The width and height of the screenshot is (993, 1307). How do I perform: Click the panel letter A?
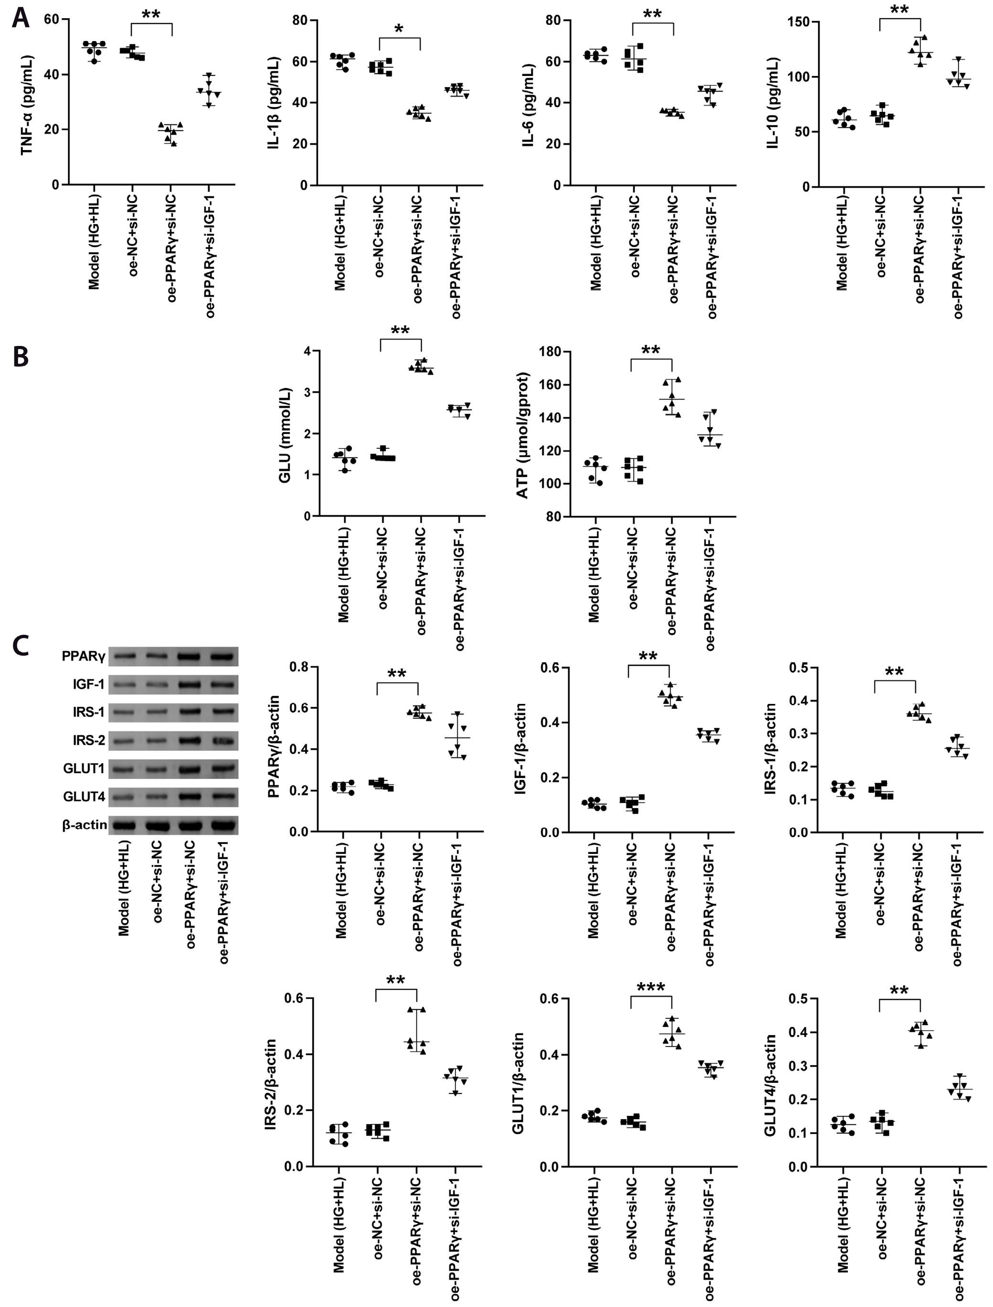[x=20, y=18]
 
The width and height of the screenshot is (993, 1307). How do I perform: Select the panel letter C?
[x=20, y=645]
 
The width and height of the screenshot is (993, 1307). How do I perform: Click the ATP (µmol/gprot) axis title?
[x=523, y=435]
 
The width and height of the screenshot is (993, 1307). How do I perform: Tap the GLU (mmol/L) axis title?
[x=286, y=435]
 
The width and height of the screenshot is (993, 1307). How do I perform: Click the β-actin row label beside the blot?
[x=85, y=825]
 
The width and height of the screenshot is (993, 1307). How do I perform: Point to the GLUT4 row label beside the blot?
[x=84, y=797]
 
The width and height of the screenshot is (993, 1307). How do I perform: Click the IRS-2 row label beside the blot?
[x=89, y=740]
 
